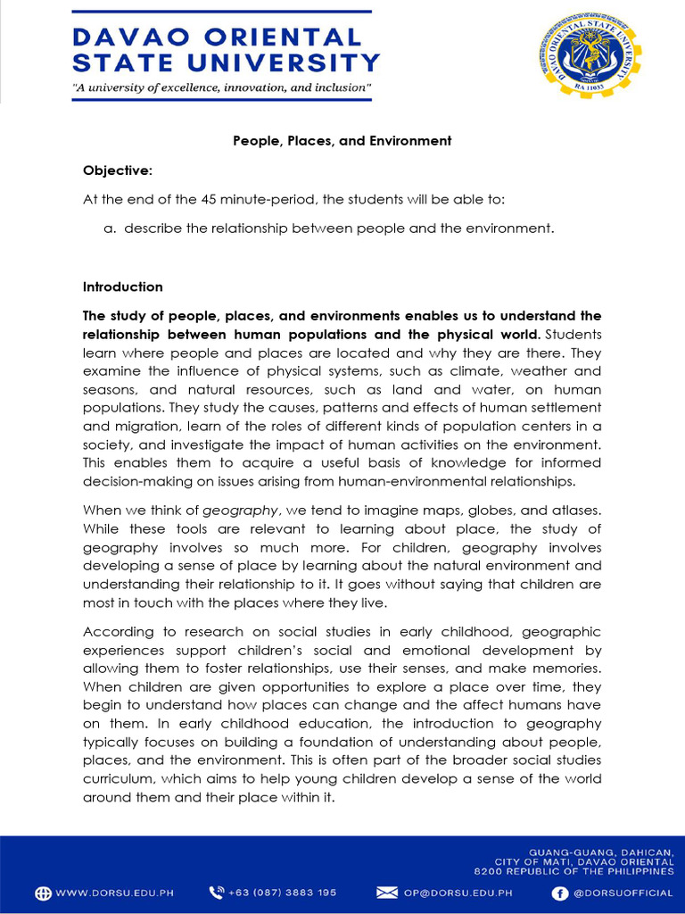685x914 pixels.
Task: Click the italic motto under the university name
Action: tap(221, 88)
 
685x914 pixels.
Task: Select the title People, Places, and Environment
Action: tap(342, 141)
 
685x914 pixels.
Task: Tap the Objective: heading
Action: tap(118, 170)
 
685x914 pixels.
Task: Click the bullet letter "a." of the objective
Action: tap(111, 228)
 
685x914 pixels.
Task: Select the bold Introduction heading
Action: tap(123, 287)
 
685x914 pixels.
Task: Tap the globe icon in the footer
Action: tap(44, 893)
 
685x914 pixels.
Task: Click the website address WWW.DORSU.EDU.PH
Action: tap(115, 893)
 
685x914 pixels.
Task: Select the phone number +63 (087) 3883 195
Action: tap(284, 893)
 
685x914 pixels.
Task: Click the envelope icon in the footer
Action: tap(386, 893)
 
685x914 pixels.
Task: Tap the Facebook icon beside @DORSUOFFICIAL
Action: tap(560, 893)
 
